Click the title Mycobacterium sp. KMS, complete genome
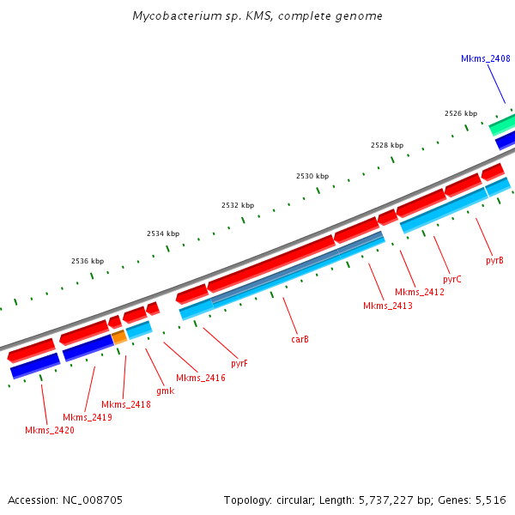pyautogui.click(x=257, y=16)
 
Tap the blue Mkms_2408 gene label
pyautogui.click(x=486, y=58)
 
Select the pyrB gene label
pyautogui.click(x=494, y=259)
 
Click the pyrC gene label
pyautogui.click(x=452, y=279)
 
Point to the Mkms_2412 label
pyautogui.click(x=420, y=293)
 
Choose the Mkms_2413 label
pyautogui.click(x=388, y=306)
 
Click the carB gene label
pyautogui.click(x=300, y=339)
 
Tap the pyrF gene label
pyautogui.click(x=239, y=363)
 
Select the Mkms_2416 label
pyautogui.click(x=201, y=378)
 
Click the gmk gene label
pyautogui.click(x=165, y=391)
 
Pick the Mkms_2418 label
pyautogui.click(x=126, y=404)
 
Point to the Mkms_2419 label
pyautogui.click(x=87, y=417)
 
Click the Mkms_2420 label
pyautogui.click(x=49, y=430)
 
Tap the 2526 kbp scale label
pyautogui.click(x=461, y=113)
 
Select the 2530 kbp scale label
pyautogui.click(x=312, y=176)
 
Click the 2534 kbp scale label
pyautogui.click(x=163, y=233)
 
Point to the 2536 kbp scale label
pyautogui.click(x=88, y=261)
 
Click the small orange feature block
pyautogui.click(x=119, y=337)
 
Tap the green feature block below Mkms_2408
pyautogui.click(x=501, y=124)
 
